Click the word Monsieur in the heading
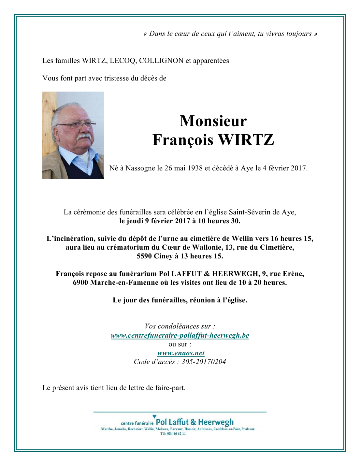click(213, 121)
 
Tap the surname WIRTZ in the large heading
click(246, 140)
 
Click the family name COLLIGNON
click(161, 61)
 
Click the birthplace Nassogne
click(140, 168)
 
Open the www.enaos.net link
click(181, 353)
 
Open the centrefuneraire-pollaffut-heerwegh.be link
click(180, 335)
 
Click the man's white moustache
click(84, 137)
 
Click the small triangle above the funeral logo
click(154, 416)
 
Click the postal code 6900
click(80, 283)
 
